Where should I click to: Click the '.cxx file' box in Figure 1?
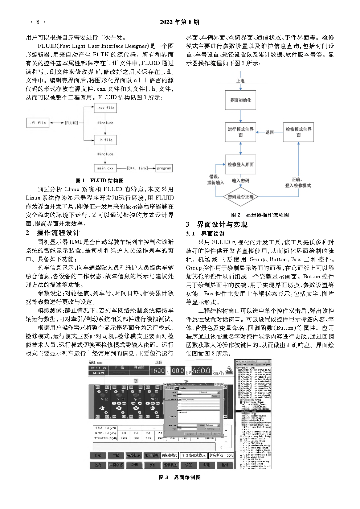click(106, 108)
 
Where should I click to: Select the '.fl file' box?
click(38, 123)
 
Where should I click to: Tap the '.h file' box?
click(106, 140)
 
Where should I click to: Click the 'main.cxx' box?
click(105, 168)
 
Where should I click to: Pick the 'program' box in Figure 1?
click(164, 168)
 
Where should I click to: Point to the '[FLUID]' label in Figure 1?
click(71, 123)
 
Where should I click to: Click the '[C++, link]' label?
click(138, 168)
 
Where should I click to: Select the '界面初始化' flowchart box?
click(240, 100)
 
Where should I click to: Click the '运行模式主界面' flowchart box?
click(240, 132)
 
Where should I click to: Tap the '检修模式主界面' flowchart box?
click(298, 132)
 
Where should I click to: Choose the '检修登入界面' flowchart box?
click(240, 164)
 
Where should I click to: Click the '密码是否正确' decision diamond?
click(240, 197)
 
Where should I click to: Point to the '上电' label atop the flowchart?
click(240, 81)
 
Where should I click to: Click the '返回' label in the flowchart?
click(269, 132)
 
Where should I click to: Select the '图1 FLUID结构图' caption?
click(99, 180)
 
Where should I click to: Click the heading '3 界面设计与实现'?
click(217, 225)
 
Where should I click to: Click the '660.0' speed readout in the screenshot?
click(201, 370)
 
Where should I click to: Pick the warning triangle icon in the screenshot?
click(229, 370)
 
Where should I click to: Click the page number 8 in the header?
click(38, 22)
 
